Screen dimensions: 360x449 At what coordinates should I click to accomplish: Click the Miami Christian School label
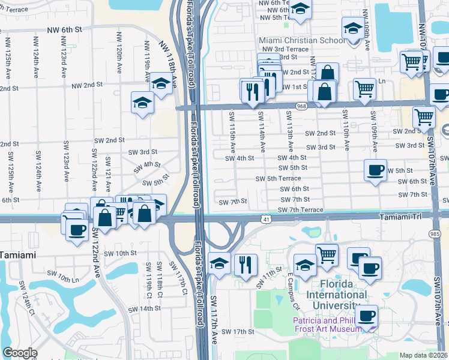(x=301, y=40)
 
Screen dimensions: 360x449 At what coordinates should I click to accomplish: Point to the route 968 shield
(x=302, y=106)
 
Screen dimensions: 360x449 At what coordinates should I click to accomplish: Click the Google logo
(x=20, y=353)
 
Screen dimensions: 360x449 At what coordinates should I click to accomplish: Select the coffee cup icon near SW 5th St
(x=375, y=170)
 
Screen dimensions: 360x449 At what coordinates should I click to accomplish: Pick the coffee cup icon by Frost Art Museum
(x=366, y=314)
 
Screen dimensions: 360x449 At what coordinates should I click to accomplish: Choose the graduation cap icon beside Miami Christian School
(x=353, y=27)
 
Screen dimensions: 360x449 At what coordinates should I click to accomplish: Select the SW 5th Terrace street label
(x=278, y=179)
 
